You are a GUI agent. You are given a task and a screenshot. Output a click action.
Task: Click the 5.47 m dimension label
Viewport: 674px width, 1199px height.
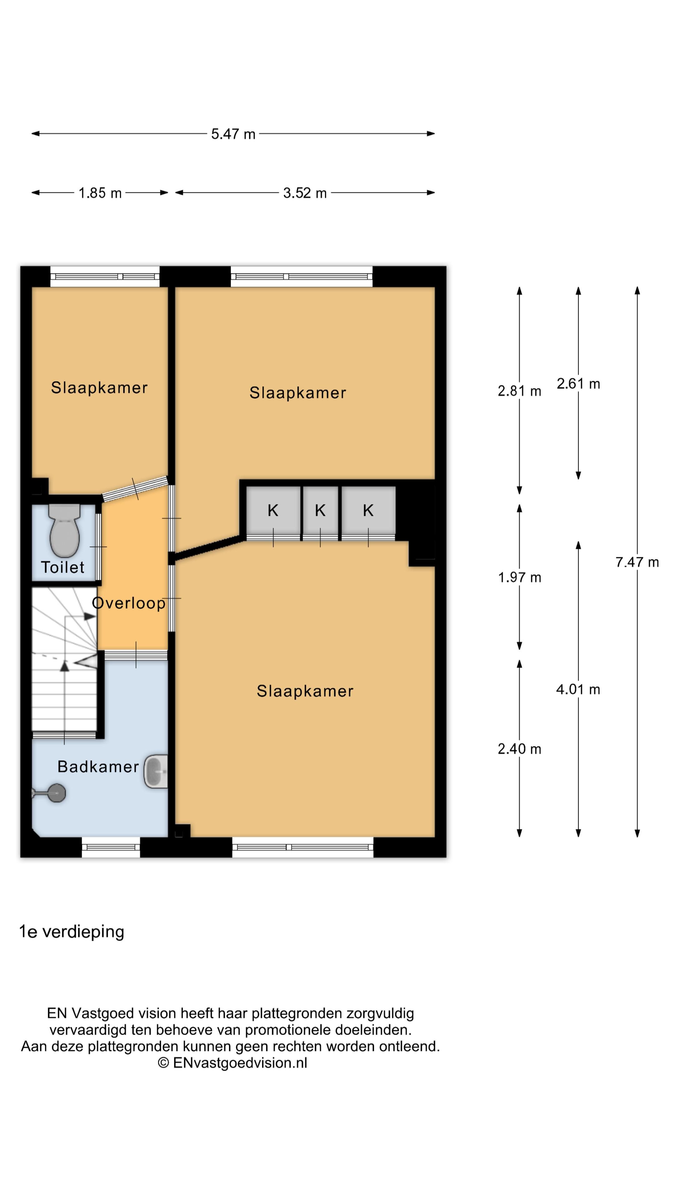coord(233,134)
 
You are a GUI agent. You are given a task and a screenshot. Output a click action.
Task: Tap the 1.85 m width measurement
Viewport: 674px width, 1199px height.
coord(100,193)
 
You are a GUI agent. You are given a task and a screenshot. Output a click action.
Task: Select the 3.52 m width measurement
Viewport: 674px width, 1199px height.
coord(305,193)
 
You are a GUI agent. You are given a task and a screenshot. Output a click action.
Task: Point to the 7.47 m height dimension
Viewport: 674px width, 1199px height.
coord(637,562)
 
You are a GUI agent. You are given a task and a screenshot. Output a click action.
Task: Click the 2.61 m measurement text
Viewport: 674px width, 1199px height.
coord(578,383)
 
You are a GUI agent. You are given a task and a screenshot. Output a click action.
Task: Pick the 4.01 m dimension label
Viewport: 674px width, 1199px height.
coord(578,689)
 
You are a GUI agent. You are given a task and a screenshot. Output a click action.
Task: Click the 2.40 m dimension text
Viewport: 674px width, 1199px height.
coord(520,749)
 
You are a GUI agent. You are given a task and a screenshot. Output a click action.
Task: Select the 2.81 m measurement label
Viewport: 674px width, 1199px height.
coord(520,391)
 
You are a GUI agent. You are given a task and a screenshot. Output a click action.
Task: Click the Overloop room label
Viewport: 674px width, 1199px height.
coord(129,603)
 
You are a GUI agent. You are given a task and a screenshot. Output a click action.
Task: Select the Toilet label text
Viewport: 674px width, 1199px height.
coord(62,567)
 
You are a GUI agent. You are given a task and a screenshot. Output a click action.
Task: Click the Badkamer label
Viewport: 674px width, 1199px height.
coord(98,767)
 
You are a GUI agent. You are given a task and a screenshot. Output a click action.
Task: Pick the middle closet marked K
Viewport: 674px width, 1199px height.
coord(320,511)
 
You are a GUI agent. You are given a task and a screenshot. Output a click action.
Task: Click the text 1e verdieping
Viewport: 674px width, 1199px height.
coord(72,931)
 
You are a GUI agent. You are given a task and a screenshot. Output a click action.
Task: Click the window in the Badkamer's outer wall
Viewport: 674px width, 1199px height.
coord(111,847)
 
